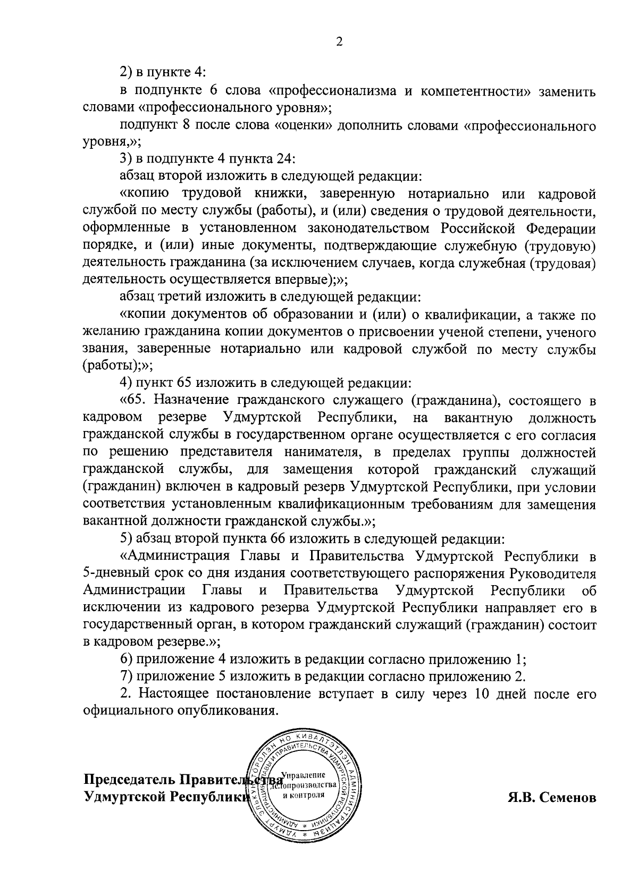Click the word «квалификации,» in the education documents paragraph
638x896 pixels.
pos(470,315)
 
